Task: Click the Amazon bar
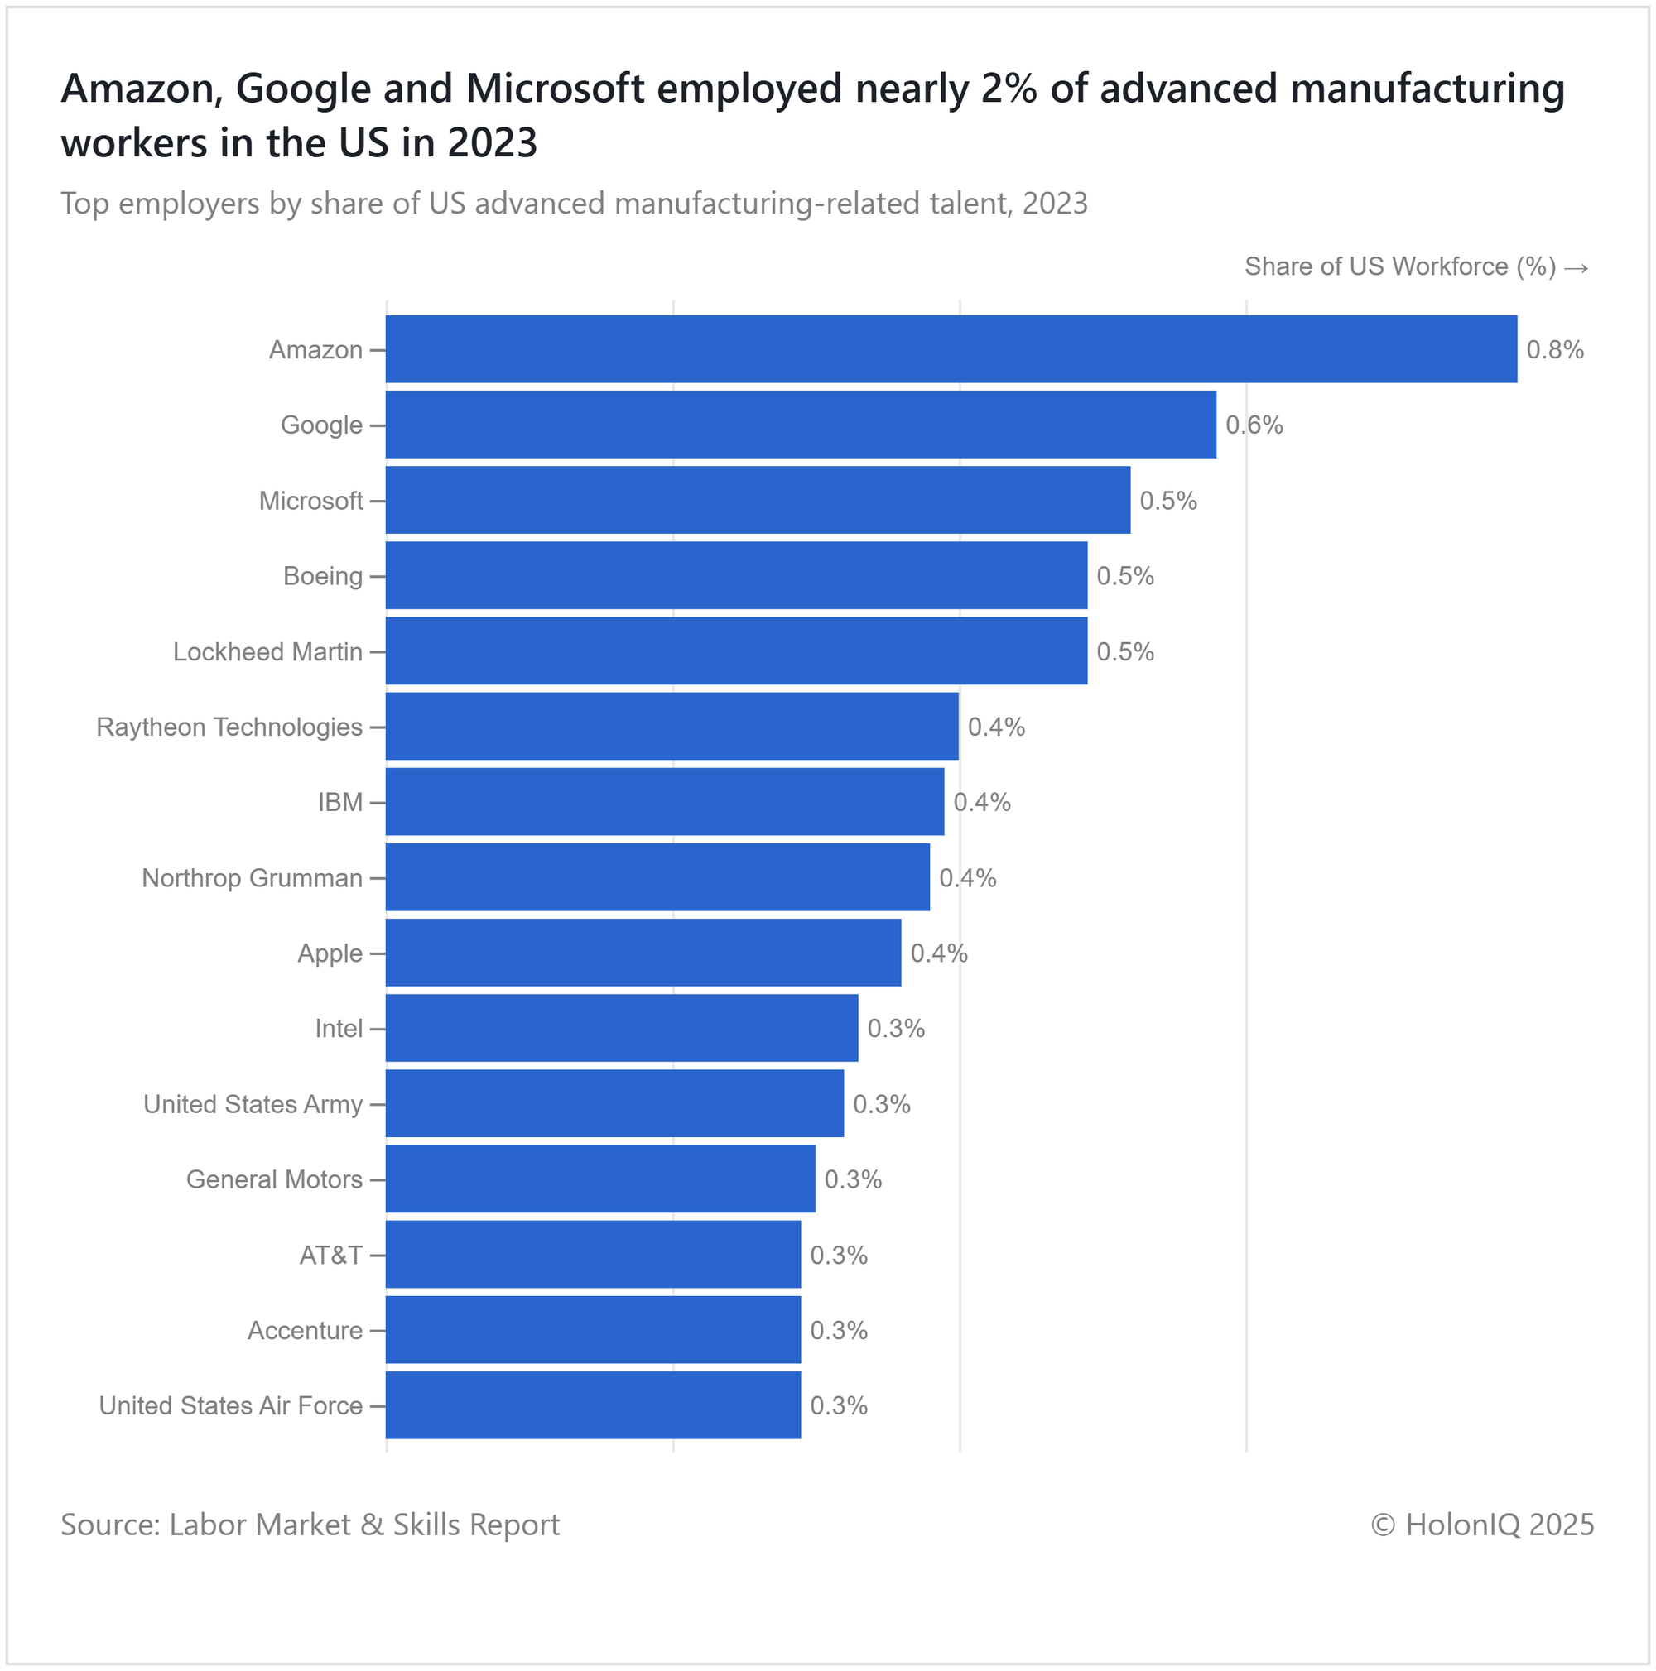click(950, 348)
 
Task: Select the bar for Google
click(801, 424)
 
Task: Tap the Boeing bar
click(735, 575)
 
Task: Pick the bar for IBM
click(665, 801)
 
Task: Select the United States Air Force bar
click(593, 1405)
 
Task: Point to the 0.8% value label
click(1554, 349)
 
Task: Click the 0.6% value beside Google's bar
click(1254, 425)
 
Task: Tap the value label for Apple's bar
click(939, 953)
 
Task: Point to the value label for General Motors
click(852, 1179)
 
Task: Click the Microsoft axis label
click(310, 501)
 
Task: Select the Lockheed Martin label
click(267, 651)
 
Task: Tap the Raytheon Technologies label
click(229, 727)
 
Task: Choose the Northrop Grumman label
click(252, 878)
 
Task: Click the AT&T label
click(330, 1254)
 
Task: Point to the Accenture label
click(305, 1329)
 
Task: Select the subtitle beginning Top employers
click(574, 204)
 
